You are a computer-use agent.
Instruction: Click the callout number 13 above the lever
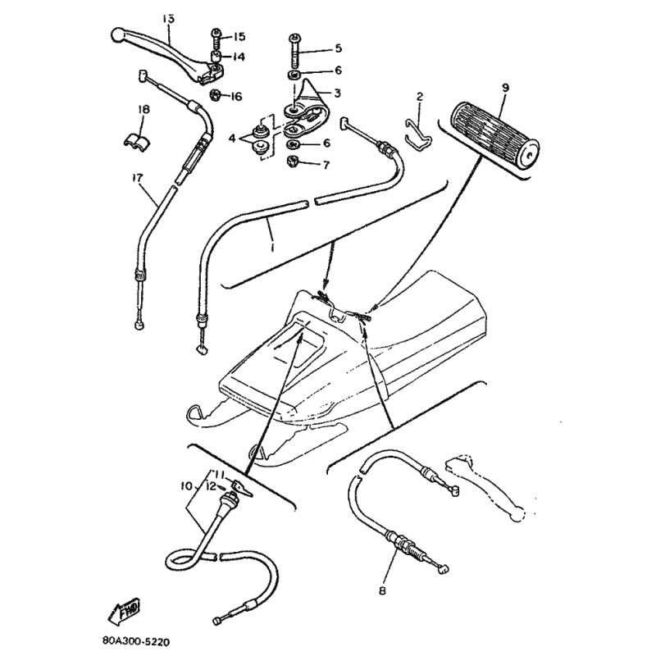click(x=168, y=19)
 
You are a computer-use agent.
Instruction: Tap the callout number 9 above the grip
click(x=505, y=88)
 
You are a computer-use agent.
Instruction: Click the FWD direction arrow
click(x=124, y=612)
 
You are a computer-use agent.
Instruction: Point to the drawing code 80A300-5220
click(x=136, y=641)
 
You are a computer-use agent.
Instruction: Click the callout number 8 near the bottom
click(x=382, y=590)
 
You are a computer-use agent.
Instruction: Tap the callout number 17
click(x=137, y=178)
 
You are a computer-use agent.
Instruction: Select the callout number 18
click(x=143, y=110)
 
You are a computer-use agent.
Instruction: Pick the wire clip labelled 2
click(x=418, y=134)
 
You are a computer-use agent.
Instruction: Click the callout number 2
click(x=420, y=97)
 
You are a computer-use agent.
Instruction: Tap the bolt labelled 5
click(x=294, y=52)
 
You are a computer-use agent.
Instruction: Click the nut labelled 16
click(x=216, y=95)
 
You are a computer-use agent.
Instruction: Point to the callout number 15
click(x=239, y=37)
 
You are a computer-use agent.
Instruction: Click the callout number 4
click(x=233, y=138)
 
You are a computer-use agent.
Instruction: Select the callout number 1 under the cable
click(x=272, y=248)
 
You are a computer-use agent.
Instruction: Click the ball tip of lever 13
click(x=117, y=34)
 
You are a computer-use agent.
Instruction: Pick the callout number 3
click(x=337, y=93)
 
